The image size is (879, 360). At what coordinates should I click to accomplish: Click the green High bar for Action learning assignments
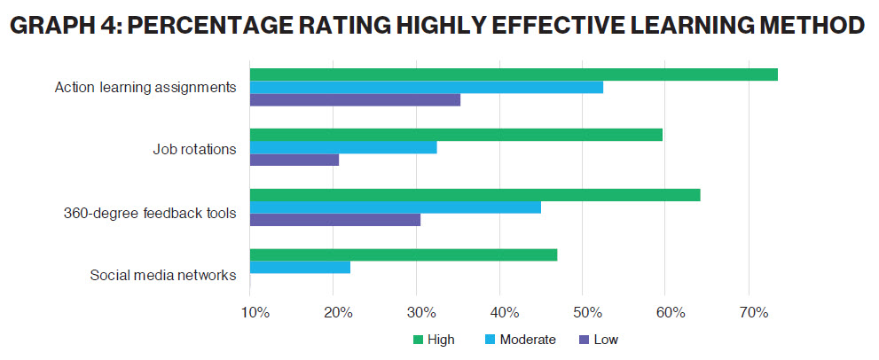point(514,74)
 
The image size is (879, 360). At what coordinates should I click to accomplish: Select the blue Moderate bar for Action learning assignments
point(427,87)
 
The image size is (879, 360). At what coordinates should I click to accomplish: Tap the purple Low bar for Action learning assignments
point(355,99)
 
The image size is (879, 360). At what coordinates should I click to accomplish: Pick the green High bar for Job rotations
point(456,135)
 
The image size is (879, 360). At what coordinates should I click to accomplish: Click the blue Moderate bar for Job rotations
point(343,147)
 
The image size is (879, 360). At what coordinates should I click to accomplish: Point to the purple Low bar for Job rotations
point(294,160)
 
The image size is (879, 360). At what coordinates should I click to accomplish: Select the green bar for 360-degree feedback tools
point(475,195)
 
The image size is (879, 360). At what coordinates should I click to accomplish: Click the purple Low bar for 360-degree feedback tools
point(335,220)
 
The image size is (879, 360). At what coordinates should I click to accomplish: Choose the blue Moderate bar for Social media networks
point(300,268)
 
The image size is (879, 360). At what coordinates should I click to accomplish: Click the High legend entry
point(436,339)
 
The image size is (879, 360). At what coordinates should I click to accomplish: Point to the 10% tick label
point(255,312)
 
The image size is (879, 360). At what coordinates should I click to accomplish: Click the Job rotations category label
point(194,148)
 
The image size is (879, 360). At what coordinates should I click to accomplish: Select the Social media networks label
point(163,275)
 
